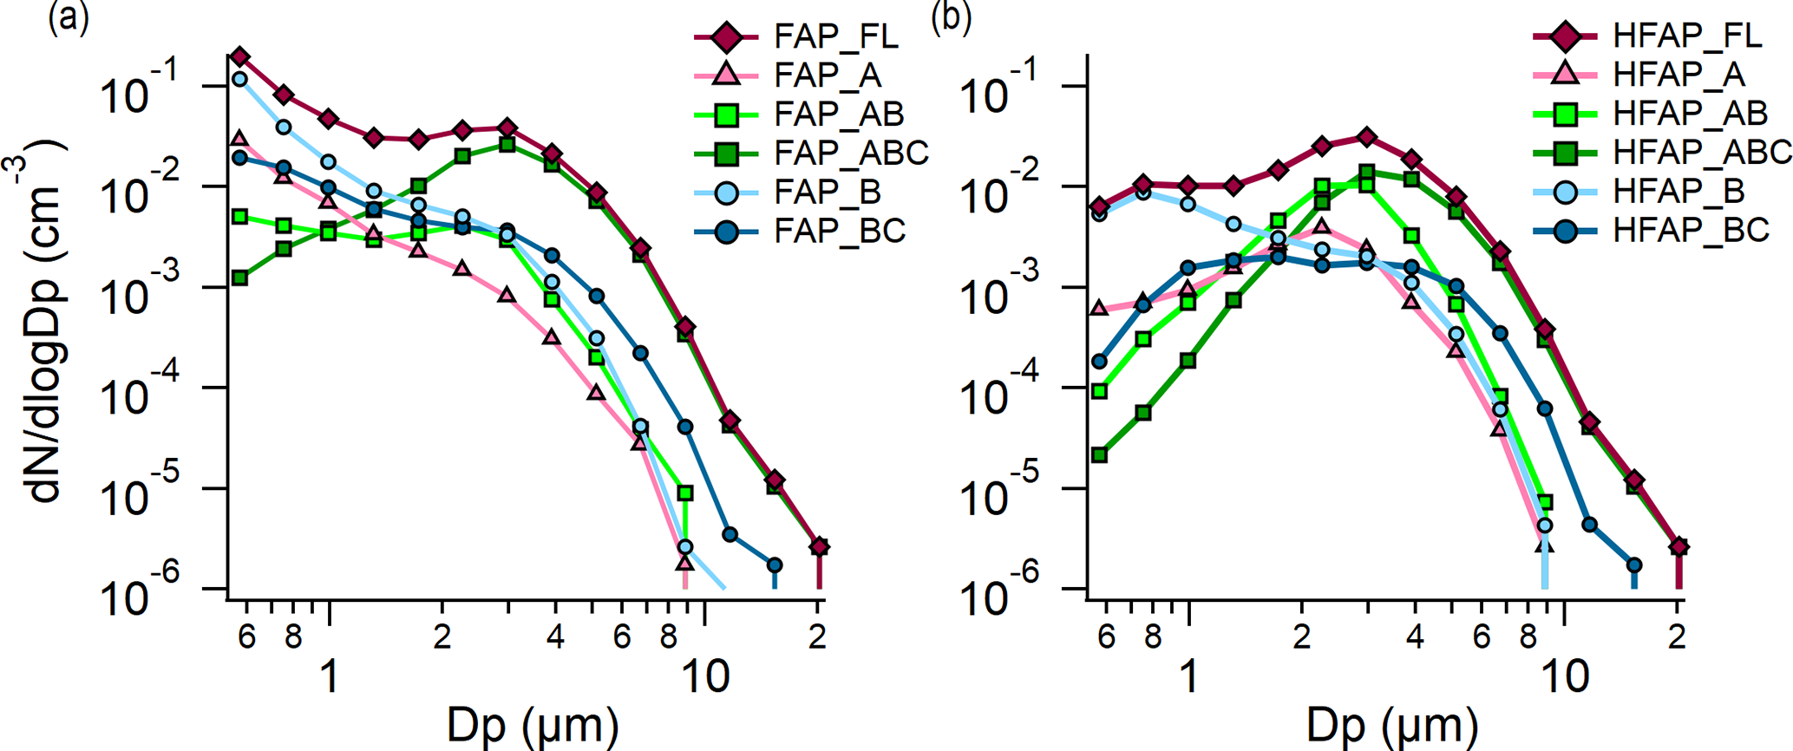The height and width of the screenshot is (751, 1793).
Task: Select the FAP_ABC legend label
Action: (851, 153)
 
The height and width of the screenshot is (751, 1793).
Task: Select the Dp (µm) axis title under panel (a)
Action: (533, 726)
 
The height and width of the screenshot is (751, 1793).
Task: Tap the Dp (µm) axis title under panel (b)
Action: (1392, 726)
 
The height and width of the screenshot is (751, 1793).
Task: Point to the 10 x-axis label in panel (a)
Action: (706, 676)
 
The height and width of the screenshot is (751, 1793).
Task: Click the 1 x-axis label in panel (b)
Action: (1189, 676)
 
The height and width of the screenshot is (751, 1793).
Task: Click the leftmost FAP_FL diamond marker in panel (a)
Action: (240, 57)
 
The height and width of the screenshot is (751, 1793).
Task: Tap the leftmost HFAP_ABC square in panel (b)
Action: (1099, 454)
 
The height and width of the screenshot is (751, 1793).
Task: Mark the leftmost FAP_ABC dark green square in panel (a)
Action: (240, 278)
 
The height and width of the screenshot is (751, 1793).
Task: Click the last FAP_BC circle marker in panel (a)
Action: (775, 565)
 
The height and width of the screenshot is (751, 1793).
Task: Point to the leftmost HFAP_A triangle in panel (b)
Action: (1099, 309)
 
